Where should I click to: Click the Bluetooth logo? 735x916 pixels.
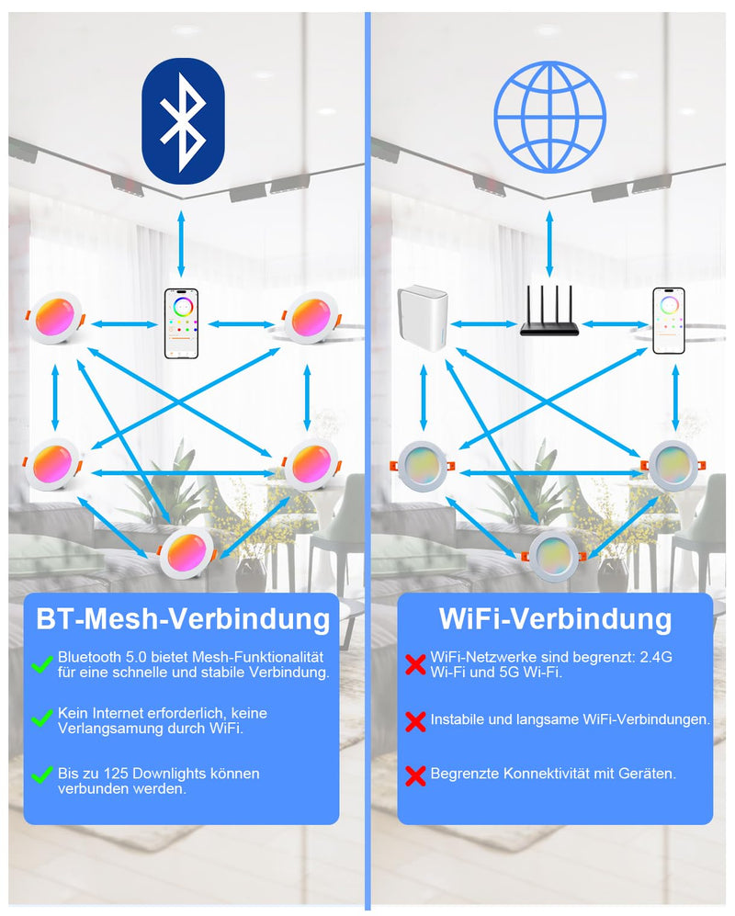pos(183,121)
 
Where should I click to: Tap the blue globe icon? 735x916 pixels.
pos(549,117)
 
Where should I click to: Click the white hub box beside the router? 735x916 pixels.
pos(423,318)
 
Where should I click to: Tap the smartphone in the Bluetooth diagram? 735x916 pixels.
pos(181,323)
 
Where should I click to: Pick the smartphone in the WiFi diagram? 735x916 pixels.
pos(669,321)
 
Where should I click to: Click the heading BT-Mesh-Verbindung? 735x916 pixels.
pos(183,618)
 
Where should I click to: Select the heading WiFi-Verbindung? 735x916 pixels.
pos(556,618)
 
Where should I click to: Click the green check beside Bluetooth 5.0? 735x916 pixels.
pos(42,664)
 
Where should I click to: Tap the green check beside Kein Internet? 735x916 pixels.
pos(42,718)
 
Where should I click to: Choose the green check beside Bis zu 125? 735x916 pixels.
pos(42,775)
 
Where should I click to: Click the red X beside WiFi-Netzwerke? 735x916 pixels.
pos(415,664)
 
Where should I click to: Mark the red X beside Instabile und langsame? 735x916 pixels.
pos(415,721)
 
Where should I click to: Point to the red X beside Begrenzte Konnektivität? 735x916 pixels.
pos(415,775)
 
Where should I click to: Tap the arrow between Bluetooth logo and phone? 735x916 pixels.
pos(181,243)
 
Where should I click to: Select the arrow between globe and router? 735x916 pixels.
pos(549,243)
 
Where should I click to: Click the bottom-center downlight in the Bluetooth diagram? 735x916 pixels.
pos(187,554)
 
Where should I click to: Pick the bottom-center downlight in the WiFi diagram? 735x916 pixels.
pos(553,557)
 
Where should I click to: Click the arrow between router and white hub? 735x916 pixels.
pos(484,324)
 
